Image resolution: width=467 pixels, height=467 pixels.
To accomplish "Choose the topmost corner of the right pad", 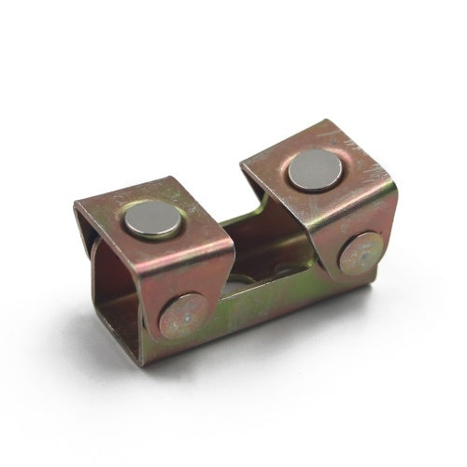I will (x=320, y=120).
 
